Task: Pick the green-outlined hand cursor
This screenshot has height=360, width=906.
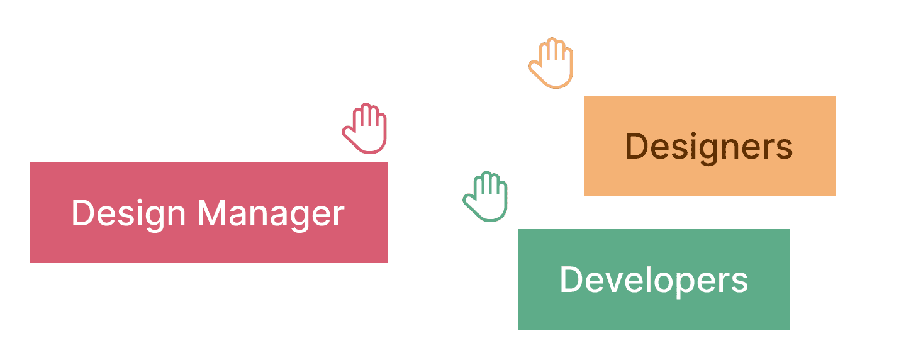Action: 487,197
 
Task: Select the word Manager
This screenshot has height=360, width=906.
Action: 271,213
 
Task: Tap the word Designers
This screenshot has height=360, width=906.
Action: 709,147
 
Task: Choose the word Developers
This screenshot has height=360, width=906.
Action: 654,279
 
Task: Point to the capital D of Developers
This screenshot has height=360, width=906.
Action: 570,279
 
